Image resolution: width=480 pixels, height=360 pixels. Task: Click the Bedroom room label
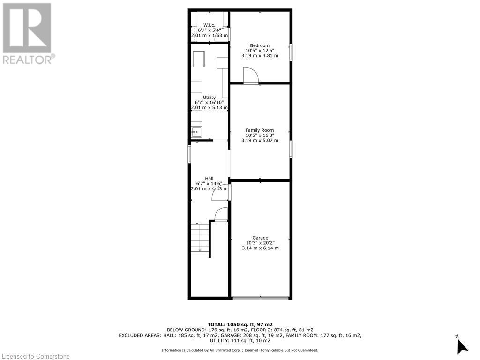[260, 45]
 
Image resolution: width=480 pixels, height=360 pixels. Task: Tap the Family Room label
[260, 130]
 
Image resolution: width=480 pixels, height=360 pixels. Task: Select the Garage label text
[260, 238]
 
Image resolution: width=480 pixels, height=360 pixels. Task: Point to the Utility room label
[209, 97]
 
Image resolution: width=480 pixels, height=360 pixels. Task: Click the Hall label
[209, 179]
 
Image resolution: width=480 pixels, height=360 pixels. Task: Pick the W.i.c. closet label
[209, 25]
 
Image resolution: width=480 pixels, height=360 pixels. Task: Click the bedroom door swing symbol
[250, 75]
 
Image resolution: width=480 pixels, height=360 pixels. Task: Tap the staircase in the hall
[200, 238]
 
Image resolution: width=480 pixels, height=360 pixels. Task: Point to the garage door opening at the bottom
[261, 298]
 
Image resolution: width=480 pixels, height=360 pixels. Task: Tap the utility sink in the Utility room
[196, 132]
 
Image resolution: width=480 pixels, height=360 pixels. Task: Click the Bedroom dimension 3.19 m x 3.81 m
[260, 55]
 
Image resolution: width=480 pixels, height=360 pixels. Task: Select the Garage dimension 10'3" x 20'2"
[260, 243]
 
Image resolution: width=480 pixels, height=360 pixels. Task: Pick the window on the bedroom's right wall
[291, 52]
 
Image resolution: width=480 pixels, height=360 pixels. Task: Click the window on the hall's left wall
[190, 154]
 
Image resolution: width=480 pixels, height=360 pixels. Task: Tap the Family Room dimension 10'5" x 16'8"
[260, 135]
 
